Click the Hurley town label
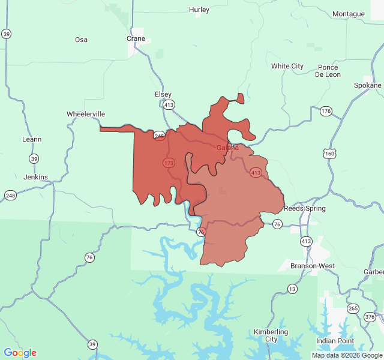(199, 10)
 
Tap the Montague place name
(348, 14)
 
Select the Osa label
(81, 40)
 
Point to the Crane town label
(136, 38)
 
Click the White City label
(287, 66)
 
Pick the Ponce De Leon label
(328, 71)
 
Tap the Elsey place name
(163, 94)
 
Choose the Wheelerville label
(86, 114)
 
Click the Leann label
(32, 139)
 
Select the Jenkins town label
(35, 177)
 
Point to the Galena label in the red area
(227, 148)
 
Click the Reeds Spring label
(305, 208)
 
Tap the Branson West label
(312, 266)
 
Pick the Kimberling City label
(271, 335)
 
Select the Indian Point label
(335, 341)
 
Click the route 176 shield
(326, 111)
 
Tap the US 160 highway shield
(329, 153)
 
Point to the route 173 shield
(169, 163)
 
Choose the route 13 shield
(292, 289)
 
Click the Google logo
(20, 353)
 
